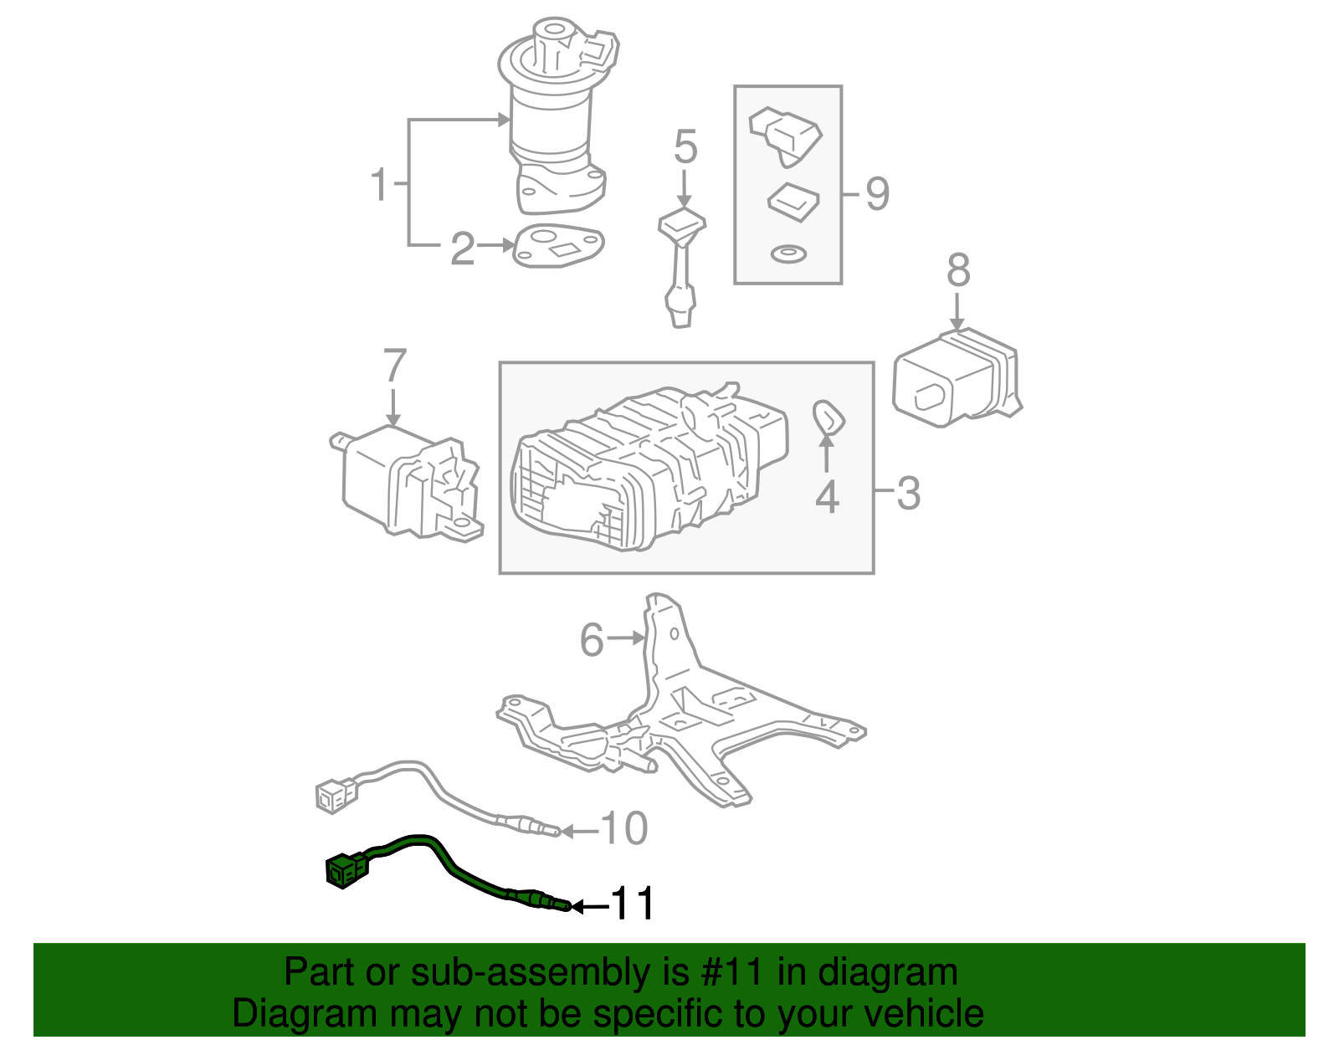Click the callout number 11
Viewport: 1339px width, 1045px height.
coord(634,904)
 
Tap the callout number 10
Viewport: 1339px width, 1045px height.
coord(625,829)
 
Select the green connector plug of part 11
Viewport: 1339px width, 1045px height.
coord(346,871)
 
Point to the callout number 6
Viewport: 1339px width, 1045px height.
coord(592,641)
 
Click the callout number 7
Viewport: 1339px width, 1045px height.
coord(394,366)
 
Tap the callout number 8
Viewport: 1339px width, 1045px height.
coord(958,271)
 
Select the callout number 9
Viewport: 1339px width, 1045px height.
coord(877,194)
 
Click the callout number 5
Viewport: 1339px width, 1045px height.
coord(685,147)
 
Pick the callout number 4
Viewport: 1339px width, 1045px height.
coord(827,497)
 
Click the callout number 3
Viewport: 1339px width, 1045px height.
coord(908,493)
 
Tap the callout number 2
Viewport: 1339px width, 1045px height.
coord(462,248)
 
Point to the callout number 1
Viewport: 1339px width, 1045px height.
coord(380,184)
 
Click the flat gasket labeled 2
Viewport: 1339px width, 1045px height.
coord(558,246)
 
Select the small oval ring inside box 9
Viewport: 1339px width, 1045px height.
coord(787,254)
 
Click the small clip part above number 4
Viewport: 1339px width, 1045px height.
coord(828,417)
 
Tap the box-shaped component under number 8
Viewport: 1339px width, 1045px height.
coord(954,381)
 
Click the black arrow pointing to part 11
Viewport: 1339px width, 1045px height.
coord(591,906)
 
